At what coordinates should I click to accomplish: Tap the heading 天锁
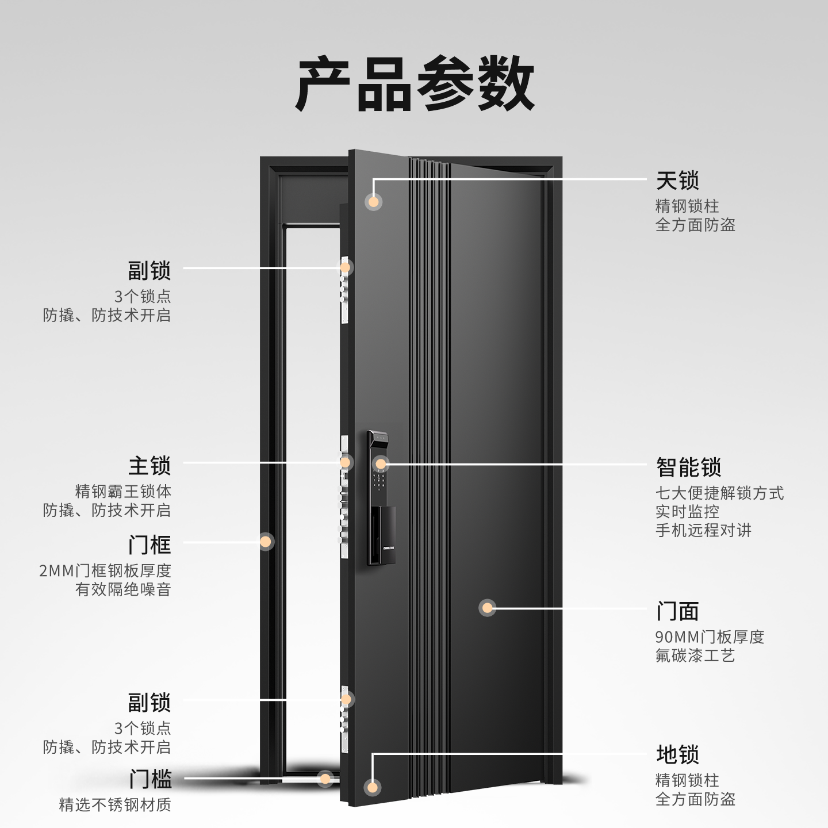tap(677, 181)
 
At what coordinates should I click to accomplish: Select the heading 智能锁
tap(688, 467)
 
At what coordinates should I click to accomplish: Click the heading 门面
tap(677, 611)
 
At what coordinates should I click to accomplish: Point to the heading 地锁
tap(677, 754)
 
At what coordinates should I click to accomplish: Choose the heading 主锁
tap(149, 466)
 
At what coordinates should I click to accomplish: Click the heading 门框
tap(149, 544)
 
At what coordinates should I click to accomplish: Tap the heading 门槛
tap(149, 780)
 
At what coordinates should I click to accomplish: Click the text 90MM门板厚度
tap(710, 637)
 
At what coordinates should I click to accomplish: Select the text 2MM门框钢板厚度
tap(105, 570)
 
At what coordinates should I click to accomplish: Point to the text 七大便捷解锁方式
tap(719, 493)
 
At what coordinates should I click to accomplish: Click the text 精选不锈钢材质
tap(115, 804)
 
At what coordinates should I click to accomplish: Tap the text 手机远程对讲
tap(703, 530)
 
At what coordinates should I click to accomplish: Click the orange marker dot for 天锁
tap(374, 202)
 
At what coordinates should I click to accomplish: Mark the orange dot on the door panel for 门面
tap(487, 608)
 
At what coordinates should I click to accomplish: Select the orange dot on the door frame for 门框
tap(265, 541)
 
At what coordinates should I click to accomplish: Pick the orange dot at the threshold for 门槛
tap(325, 779)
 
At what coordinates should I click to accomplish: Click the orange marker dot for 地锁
tap(373, 787)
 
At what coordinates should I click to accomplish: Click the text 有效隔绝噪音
tap(123, 589)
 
